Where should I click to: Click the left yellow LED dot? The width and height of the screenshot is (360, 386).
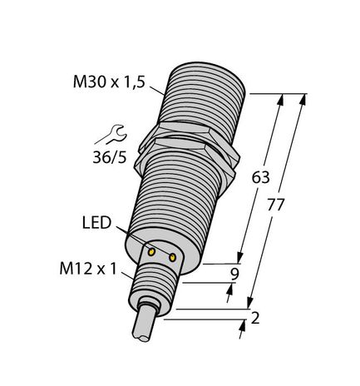152,250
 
